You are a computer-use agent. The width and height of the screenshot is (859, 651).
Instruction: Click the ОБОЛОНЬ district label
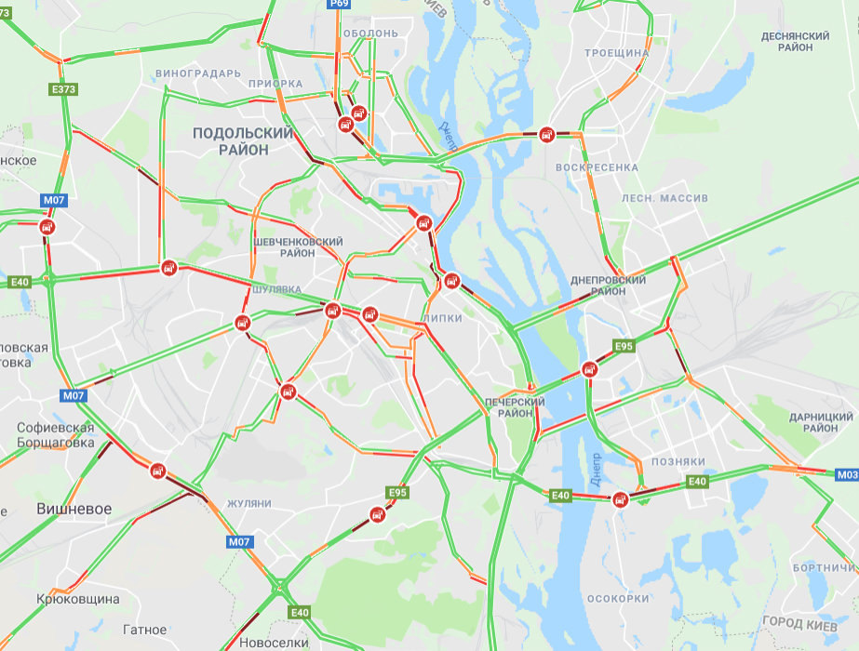370,33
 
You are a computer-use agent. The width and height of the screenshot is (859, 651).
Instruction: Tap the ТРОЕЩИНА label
617,53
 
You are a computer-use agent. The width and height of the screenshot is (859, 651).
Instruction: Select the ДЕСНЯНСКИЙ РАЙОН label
795,41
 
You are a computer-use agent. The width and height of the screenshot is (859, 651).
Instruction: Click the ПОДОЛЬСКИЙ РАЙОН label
243,141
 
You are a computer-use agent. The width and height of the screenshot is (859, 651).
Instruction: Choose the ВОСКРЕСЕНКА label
597,167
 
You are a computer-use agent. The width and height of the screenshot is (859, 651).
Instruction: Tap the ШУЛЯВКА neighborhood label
276,289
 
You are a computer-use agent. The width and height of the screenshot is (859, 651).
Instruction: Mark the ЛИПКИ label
442,318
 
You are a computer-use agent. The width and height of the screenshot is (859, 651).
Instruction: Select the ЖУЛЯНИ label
249,503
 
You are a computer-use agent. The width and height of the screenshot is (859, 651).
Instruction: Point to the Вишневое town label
74,509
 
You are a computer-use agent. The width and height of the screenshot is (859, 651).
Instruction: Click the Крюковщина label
78,599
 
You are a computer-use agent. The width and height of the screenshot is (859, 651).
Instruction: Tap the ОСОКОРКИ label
619,598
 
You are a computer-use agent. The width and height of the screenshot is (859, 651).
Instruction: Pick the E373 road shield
63,90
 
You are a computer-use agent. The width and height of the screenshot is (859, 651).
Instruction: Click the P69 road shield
339,5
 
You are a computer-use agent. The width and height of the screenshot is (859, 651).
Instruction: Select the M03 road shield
847,474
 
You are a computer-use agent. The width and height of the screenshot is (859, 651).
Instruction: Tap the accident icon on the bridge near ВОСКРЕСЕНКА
548,135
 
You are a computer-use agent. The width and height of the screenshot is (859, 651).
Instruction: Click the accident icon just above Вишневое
158,471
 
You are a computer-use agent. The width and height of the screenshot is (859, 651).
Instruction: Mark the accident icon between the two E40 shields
621,499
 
